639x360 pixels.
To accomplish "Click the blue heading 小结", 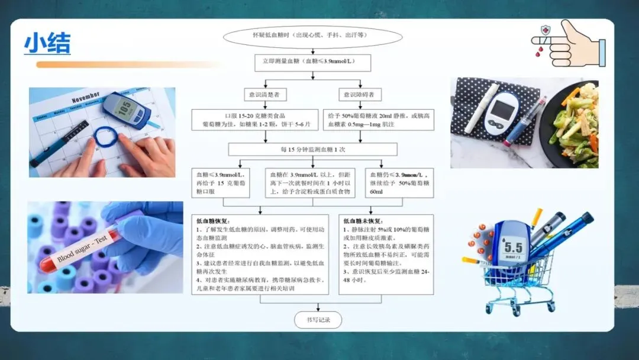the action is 47,43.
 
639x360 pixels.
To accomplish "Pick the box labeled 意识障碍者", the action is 360,94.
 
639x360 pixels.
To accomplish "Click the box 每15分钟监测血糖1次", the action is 312,149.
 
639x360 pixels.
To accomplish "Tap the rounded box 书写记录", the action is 318,320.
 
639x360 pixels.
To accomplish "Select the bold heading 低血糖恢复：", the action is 214,221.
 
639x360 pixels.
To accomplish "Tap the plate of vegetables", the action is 571,124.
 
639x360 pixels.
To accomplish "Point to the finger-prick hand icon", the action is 568,44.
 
